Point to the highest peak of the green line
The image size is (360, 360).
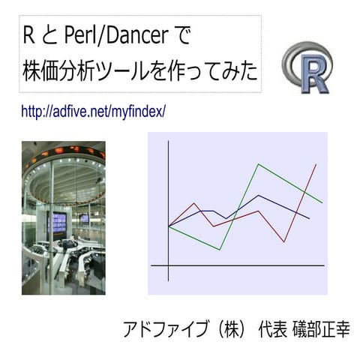[x=259, y=163]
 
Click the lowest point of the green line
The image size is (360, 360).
[x=219, y=250]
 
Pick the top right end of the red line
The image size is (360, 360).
[x=316, y=163]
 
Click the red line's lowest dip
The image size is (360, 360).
[x=284, y=241]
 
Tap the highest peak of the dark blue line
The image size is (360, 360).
[x=259, y=196]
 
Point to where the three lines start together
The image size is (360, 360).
[x=169, y=226]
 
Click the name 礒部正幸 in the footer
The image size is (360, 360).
[x=318, y=328]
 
